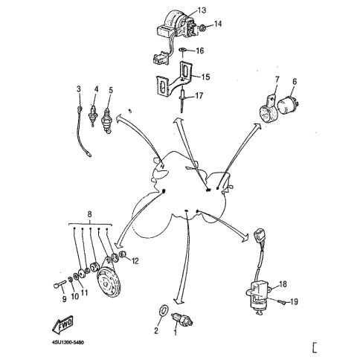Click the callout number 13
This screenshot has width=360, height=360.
pos(202,10)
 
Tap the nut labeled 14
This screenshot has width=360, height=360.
pos(203,28)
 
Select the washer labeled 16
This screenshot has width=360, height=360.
pos(183,50)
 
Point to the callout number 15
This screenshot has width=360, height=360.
pos(205,77)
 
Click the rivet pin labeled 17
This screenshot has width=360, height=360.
pos(182,102)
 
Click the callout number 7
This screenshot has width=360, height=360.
pos(277,80)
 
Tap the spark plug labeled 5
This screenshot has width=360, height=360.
pos(107,120)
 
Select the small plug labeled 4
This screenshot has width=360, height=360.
pos(93,115)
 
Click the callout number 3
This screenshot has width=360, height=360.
pos(79,89)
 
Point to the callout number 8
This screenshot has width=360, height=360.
pos(90,214)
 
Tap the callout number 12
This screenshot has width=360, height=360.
pos(135,261)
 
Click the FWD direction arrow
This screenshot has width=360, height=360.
pos(62,325)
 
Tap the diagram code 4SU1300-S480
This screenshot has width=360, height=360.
pos(68,343)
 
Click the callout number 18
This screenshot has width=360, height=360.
pos(283,284)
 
